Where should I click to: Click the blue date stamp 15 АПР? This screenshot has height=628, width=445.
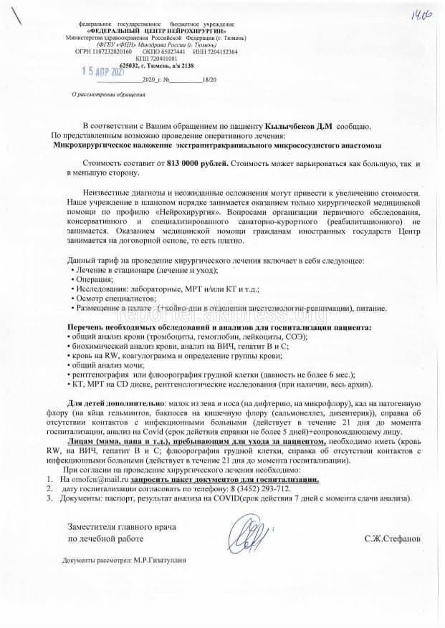(104, 73)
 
